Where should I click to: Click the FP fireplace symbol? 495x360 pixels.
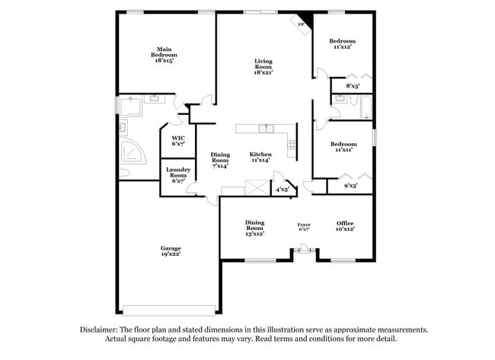point(301,24)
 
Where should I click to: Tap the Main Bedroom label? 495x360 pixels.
point(164,55)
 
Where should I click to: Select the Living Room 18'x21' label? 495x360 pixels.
point(263,67)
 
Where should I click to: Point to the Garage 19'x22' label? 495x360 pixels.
point(171,251)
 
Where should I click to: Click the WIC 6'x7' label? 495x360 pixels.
point(178,141)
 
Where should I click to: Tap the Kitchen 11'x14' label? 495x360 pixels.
point(260,157)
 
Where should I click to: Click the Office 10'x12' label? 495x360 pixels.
point(345,226)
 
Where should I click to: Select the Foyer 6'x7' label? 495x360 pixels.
point(304,227)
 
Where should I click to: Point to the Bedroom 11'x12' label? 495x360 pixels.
point(343,44)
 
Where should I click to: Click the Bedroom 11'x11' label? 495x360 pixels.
point(343,147)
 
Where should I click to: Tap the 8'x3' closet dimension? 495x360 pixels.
point(353,86)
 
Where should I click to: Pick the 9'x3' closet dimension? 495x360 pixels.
point(351,186)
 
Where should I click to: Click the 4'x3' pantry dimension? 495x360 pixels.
point(283,190)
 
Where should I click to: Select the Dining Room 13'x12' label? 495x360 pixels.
point(255,228)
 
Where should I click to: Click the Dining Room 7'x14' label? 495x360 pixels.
point(220,161)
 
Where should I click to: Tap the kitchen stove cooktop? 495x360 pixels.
point(292,145)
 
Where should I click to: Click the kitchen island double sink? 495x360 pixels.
point(266,129)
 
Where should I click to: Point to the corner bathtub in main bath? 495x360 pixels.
point(133,151)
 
